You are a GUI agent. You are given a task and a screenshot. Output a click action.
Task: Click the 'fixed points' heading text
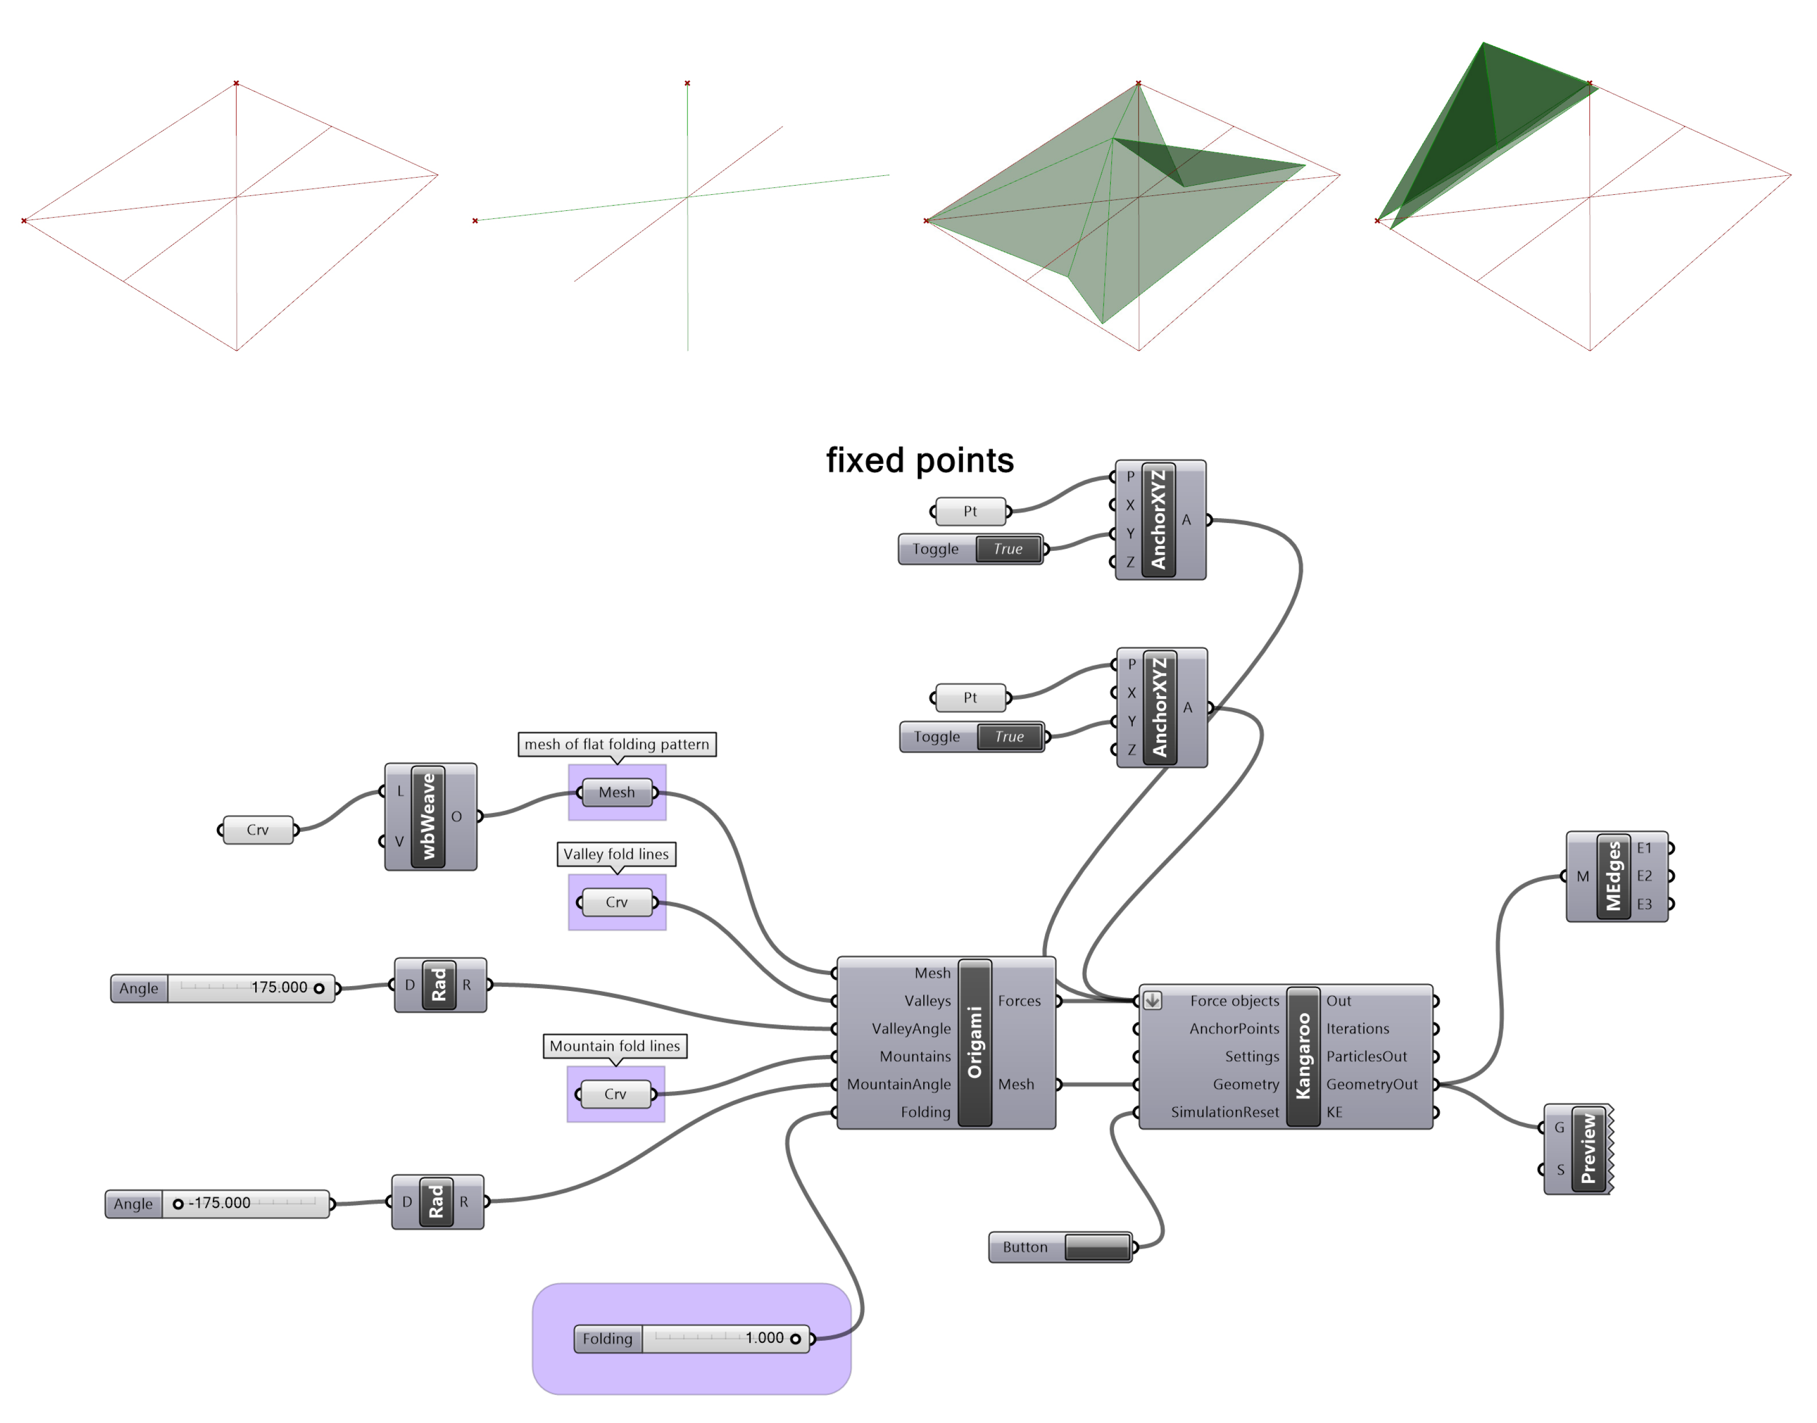[x=920, y=461]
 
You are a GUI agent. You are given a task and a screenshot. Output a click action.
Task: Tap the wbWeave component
[x=429, y=817]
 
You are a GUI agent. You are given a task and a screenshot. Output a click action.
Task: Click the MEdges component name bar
[x=1613, y=876]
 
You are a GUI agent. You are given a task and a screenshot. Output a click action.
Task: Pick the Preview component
[x=1588, y=1149]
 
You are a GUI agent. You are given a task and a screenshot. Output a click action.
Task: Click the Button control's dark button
[x=1096, y=1247]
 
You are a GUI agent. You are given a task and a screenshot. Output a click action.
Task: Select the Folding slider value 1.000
[x=764, y=1338]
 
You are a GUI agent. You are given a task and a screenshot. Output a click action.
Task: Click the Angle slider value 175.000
[x=279, y=987]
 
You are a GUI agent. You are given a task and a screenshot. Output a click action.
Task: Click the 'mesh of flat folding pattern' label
[x=617, y=744]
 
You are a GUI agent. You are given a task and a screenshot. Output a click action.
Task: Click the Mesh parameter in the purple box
[x=617, y=792]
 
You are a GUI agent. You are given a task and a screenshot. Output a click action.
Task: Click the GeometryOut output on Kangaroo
[x=1371, y=1084]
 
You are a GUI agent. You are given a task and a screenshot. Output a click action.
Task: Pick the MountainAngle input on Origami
[x=899, y=1084]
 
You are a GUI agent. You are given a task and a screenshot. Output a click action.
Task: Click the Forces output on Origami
[x=1019, y=1001]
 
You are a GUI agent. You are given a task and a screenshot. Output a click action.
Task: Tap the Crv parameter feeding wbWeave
[x=257, y=830]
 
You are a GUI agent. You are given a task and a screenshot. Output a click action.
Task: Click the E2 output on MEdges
[x=1644, y=876]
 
